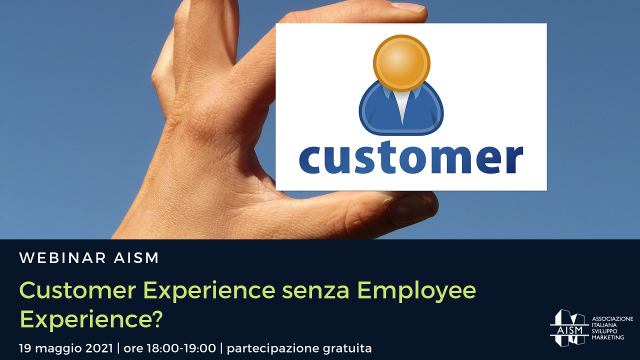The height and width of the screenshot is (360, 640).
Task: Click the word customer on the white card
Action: click(x=411, y=157)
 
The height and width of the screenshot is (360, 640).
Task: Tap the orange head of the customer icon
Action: click(x=401, y=63)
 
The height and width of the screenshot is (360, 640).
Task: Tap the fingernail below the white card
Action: click(x=410, y=208)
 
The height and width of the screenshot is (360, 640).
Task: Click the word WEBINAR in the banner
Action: click(x=62, y=257)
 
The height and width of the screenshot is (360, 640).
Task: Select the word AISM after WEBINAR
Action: click(x=136, y=257)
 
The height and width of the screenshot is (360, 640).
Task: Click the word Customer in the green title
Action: click(x=77, y=290)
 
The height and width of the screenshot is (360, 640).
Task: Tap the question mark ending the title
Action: click(x=156, y=319)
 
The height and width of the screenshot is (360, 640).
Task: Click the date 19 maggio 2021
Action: click(x=65, y=348)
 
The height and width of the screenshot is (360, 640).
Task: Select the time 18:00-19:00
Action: click(x=181, y=348)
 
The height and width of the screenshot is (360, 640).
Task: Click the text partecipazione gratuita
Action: click(x=299, y=348)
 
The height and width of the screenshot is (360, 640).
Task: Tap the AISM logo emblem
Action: click(x=569, y=327)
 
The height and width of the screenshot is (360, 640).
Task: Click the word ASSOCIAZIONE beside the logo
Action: click(x=612, y=319)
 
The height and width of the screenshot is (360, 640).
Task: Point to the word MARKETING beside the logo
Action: click(x=607, y=337)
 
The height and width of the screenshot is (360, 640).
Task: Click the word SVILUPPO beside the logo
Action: click(x=604, y=331)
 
